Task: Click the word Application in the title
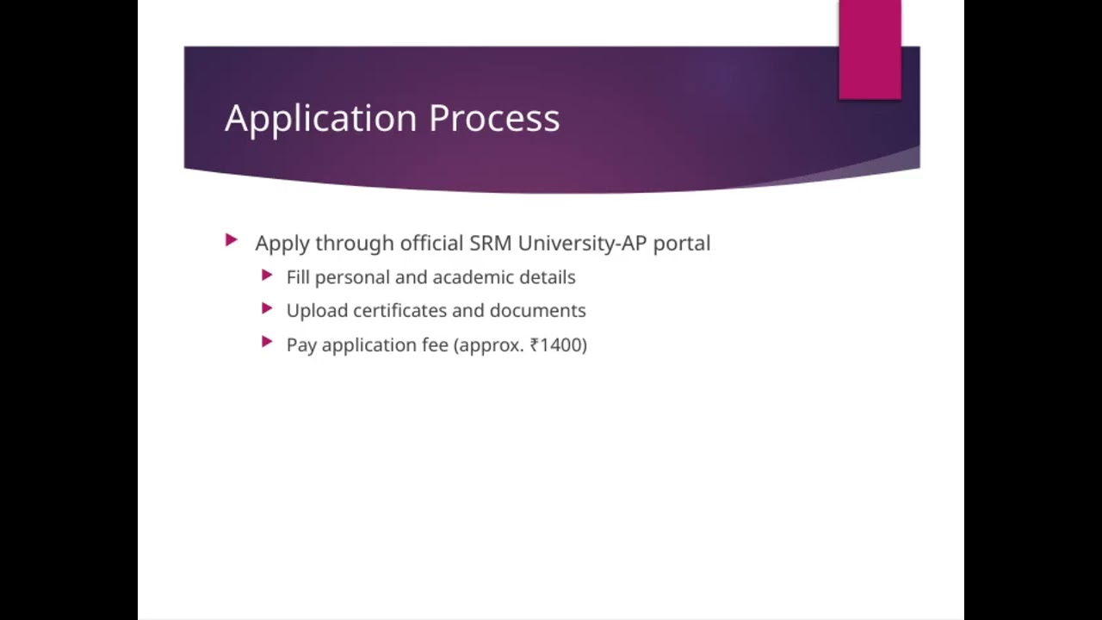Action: (x=321, y=119)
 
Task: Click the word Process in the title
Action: (x=494, y=118)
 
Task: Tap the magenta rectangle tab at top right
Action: (x=870, y=49)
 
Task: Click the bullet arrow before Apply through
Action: (x=231, y=240)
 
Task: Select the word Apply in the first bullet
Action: (x=282, y=244)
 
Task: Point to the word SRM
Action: (x=490, y=243)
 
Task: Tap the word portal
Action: (x=681, y=244)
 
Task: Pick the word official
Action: (x=431, y=243)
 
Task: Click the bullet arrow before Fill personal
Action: (x=267, y=275)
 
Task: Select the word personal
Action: (x=352, y=277)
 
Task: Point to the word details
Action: (x=547, y=277)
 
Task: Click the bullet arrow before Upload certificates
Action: (x=267, y=308)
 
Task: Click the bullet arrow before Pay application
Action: (x=267, y=343)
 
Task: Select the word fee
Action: (x=434, y=345)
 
